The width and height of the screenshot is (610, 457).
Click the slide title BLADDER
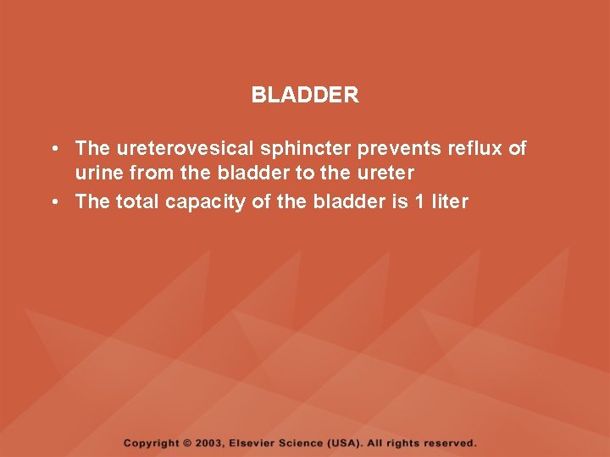click(x=305, y=96)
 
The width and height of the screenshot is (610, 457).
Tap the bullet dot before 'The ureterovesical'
click(x=53, y=149)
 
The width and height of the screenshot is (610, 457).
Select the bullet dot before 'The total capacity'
click(x=53, y=202)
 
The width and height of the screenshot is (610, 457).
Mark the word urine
click(x=99, y=174)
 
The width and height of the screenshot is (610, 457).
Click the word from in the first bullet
click(x=152, y=174)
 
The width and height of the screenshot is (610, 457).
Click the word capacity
click(x=204, y=202)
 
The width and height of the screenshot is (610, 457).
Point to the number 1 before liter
click(x=419, y=202)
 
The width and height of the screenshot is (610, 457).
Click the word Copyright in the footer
click(x=152, y=443)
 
